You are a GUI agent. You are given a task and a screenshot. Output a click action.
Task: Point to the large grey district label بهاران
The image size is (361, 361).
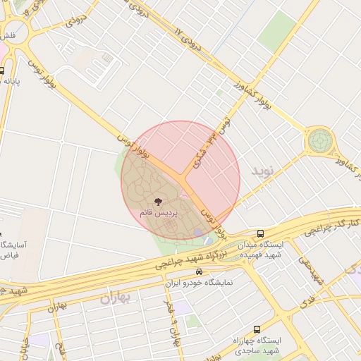tap(116, 297)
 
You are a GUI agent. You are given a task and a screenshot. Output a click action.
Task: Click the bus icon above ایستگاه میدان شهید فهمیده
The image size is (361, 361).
tap(261, 234)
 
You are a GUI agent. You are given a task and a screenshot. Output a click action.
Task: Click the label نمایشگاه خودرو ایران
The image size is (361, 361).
tap(201, 283)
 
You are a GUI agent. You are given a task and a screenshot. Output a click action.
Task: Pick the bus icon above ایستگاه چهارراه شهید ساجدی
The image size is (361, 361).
tap(255, 329)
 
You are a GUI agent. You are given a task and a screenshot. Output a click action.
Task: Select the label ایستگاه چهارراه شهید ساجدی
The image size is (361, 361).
tap(257, 345)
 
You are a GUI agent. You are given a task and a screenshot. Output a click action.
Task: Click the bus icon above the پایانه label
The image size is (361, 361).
tap(2, 71)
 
